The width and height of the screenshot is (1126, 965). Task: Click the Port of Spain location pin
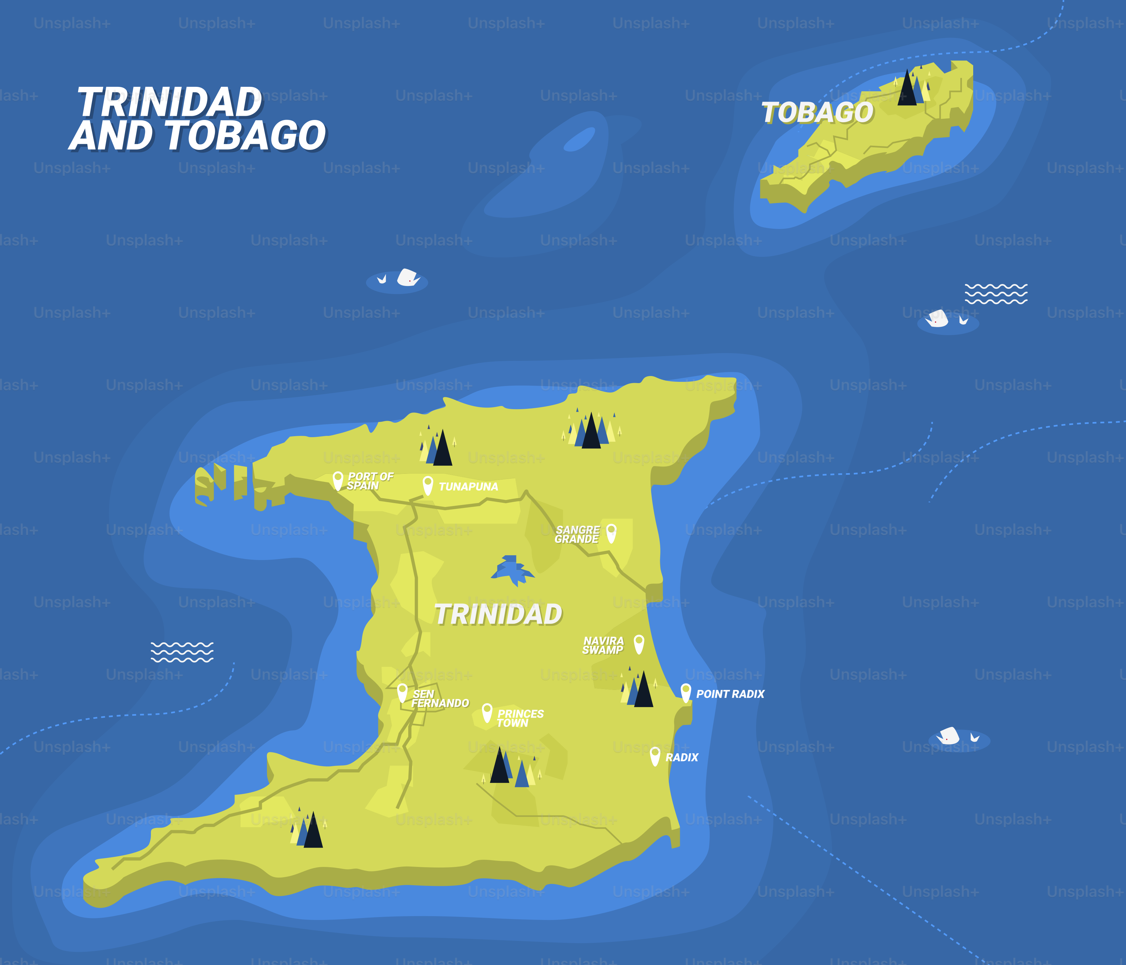pos(337,480)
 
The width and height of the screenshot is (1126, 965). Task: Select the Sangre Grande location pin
pos(611,532)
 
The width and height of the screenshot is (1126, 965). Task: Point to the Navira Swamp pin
pos(639,644)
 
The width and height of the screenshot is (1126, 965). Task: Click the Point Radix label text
pos(730,694)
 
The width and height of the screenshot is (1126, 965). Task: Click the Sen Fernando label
pos(440,699)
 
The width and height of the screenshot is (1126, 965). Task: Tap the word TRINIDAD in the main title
pos(170,102)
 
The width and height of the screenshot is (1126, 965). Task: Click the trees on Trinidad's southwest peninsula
pos(308,830)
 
